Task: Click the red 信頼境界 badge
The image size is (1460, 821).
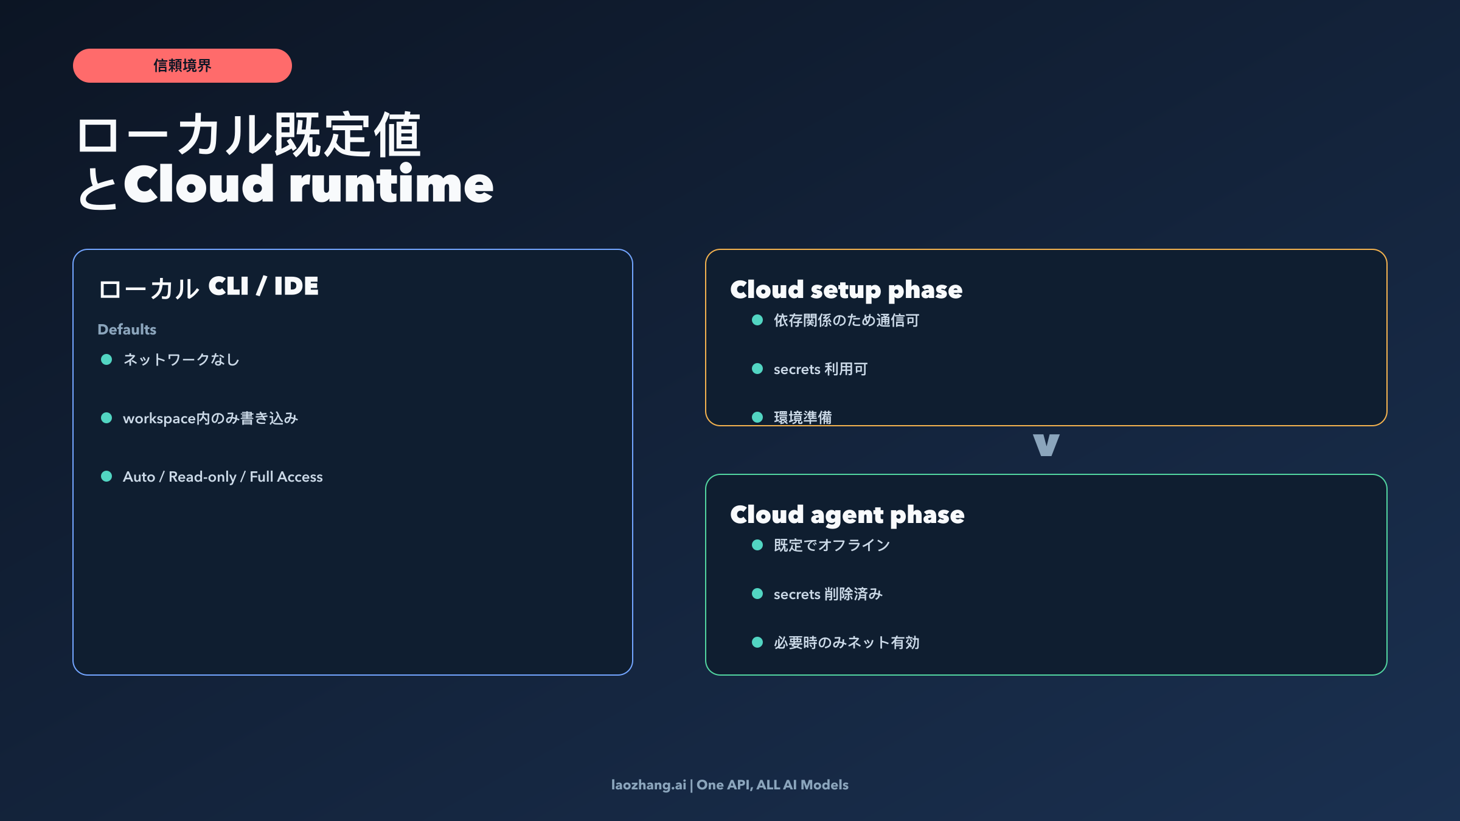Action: coord(182,66)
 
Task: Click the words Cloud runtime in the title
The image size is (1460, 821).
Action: coord(308,185)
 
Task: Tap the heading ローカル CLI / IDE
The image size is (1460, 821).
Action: coord(209,287)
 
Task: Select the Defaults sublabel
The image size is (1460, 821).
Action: coord(127,330)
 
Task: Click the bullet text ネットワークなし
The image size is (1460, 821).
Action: coord(181,360)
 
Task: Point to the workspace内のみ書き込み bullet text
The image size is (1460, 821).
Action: coord(210,418)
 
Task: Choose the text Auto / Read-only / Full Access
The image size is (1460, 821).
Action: coord(223,477)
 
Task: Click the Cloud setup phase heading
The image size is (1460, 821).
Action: coord(846,290)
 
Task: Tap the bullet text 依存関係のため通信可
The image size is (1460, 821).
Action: coord(846,320)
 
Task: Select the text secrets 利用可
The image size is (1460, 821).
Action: coord(820,369)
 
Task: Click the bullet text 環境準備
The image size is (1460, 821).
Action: coord(802,417)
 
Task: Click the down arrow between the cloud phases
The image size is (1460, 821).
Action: coord(1046,445)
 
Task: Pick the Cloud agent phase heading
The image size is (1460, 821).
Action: coord(847,515)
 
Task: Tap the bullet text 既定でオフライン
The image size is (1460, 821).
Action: coord(832,546)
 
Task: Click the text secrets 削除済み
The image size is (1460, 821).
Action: coord(827,594)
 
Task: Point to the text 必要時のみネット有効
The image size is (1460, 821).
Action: coord(846,643)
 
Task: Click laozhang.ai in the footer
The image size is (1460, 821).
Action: coord(648,785)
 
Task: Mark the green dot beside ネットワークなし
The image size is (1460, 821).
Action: coord(106,360)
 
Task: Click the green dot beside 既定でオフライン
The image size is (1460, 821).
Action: coord(757,546)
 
